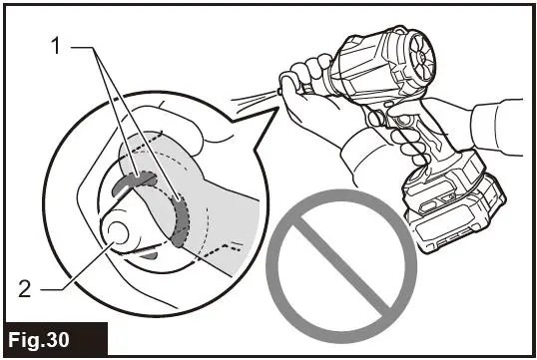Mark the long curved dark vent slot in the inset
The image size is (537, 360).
coord(181,218)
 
